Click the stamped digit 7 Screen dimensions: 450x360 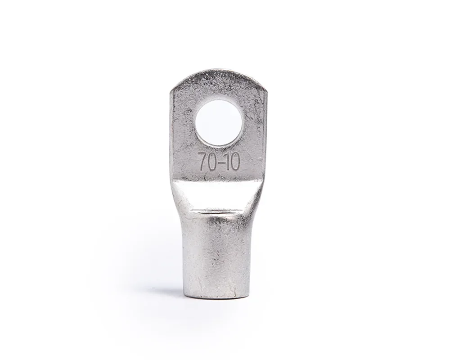coord(202,162)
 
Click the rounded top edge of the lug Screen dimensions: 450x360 coord(219,72)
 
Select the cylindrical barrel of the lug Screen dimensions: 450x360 coord(214,258)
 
